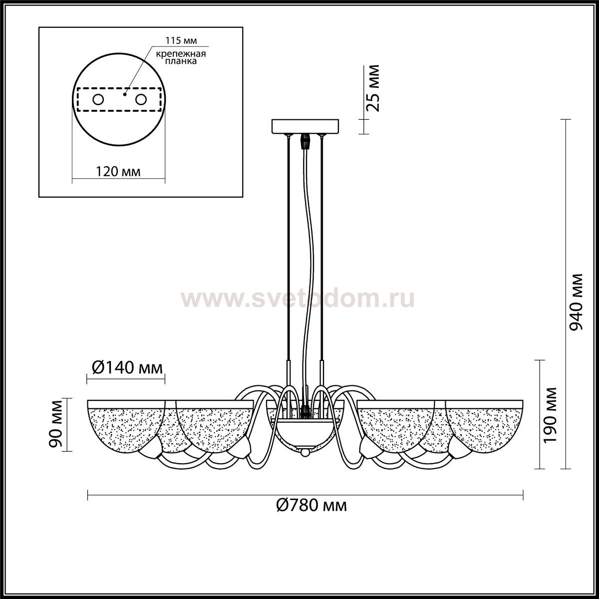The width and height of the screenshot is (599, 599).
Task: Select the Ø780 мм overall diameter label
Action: tap(311, 506)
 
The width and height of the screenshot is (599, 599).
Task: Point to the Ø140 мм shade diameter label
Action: tap(127, 368)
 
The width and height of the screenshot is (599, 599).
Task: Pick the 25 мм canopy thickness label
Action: tap(372, 88)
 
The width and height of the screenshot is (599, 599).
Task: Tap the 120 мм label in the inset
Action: tap(118, 171)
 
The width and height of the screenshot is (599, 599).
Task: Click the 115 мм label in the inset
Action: tap(181, 40)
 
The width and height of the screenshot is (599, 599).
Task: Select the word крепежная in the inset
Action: tap(181, 54)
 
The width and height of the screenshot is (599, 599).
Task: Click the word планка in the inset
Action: tap(181, 61)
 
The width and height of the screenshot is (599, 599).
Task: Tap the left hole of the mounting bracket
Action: tap(98, 100)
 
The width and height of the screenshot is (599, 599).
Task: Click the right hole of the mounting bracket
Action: tap(141, 100)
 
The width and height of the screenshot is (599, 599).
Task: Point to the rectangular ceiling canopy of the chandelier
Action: tap(305, 126)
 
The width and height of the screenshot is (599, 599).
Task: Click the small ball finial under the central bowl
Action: tap(305, 452)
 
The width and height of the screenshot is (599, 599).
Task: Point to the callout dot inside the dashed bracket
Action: tap(125, 94)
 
